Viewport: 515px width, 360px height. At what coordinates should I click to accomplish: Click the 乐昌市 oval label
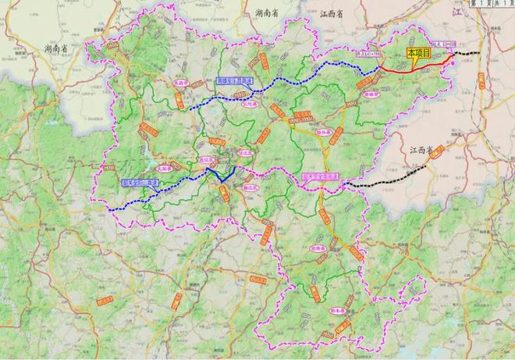(x=161, y=81)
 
